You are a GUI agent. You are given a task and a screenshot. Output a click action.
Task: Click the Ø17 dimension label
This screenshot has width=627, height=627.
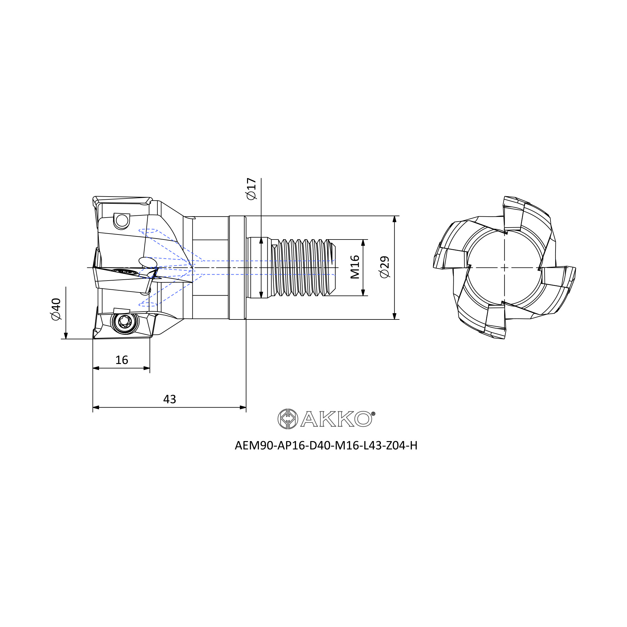tap(251, 188)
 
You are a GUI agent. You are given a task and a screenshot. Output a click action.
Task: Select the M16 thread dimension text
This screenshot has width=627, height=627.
tap(355, 267)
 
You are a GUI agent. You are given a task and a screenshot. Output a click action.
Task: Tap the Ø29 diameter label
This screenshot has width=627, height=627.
tap(384, 267)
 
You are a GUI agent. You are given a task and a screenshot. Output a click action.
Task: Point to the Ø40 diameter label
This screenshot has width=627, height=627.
tap(56, 309)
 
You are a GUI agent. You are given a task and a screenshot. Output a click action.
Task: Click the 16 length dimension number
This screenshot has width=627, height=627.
tap(122, 360)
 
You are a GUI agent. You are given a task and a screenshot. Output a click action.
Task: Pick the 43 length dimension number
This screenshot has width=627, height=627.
tap(169, 399)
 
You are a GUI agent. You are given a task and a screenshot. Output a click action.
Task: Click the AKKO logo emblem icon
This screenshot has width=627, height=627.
tap(288, 419)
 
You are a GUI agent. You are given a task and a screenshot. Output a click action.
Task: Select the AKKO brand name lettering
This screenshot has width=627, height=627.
tap(336, 419)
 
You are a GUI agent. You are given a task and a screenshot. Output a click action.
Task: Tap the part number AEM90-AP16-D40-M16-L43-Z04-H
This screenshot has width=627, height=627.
tap(326, 445)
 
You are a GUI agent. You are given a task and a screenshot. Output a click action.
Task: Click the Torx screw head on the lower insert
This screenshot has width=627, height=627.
tap(125, 322)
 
